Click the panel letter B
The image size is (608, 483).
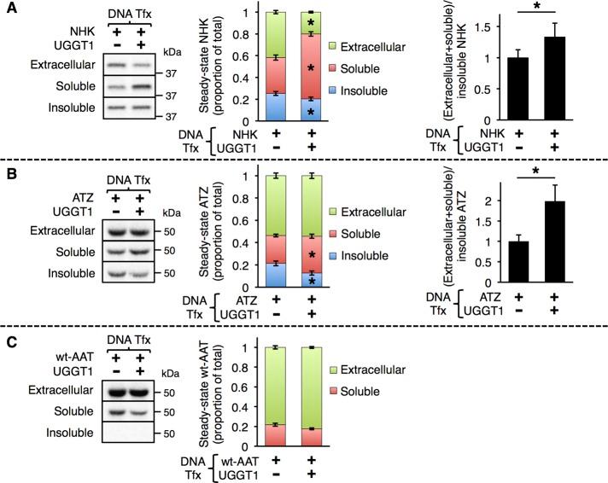pyautogui.click(x=8, y=169)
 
